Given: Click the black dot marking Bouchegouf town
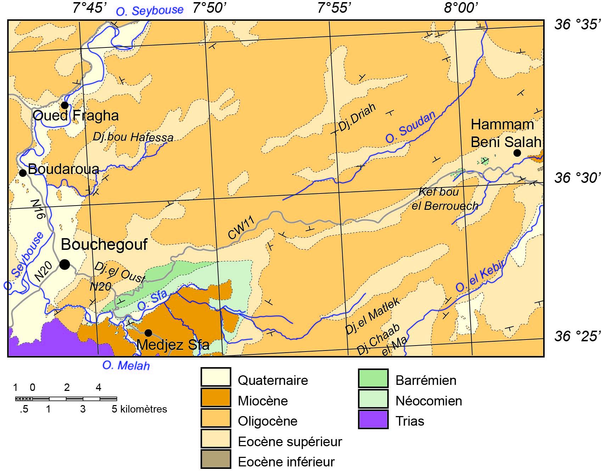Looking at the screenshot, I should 64,264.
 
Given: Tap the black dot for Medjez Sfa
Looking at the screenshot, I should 148,333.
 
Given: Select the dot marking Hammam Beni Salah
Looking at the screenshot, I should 517,153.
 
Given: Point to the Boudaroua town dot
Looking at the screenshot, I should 23,173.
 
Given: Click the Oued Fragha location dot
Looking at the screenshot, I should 64,105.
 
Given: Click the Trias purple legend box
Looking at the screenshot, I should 373,420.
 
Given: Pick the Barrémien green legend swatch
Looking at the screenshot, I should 373,378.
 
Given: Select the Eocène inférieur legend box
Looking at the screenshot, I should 216,459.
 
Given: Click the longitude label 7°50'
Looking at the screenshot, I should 210,8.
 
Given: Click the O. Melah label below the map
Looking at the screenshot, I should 126,365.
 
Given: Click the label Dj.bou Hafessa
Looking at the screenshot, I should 133,137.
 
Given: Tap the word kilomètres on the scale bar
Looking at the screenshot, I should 144,409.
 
